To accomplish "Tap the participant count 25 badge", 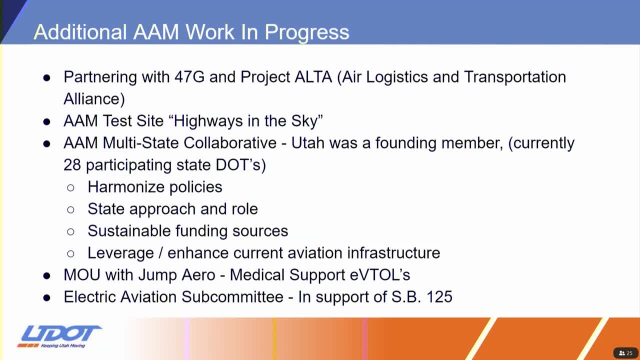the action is (x=625, y=353).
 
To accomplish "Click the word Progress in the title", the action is (x=307, y=32).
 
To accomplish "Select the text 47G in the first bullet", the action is (x=189, y=77).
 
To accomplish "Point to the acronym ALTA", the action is (x=313, y=77).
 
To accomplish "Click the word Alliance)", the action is (x=94, y=99).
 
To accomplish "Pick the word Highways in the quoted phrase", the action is (x=208, y=121).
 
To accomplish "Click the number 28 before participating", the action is (x=72, y=165).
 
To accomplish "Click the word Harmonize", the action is (x=126, y=187).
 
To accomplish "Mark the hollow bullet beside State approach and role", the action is (x=70, y=209).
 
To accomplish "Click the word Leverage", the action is (x=121, y=253).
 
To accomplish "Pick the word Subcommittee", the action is (x=232, y=297).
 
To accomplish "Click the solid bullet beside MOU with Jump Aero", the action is (x=47, y=275).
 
